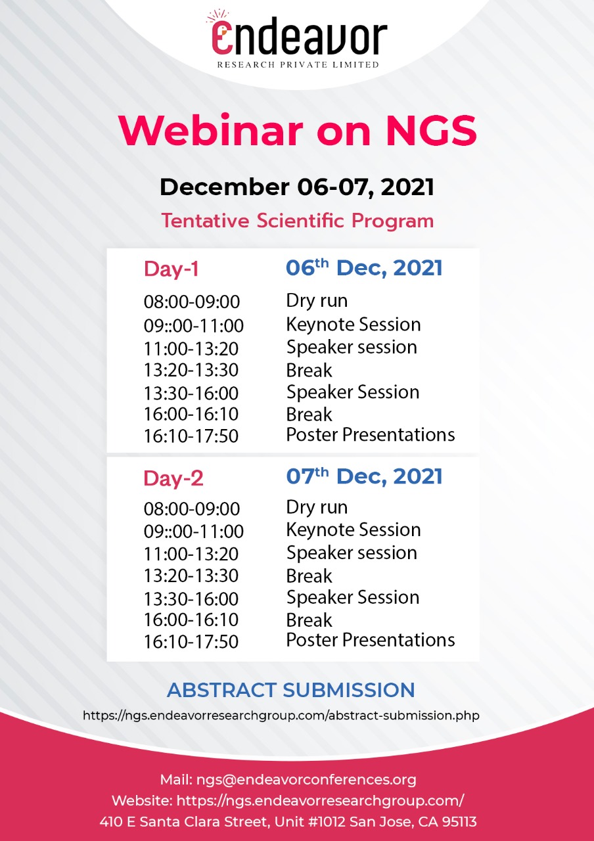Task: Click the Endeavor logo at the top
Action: pos(297,40)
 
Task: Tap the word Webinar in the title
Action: pos(211,130)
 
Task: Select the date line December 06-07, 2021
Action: pos(297,187)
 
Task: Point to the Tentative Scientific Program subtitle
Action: pos(298,221)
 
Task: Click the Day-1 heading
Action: pos(171,269)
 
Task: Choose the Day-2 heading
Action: pos(173,478)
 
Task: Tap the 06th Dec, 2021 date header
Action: pos(364,267)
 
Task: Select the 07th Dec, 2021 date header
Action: pos(364,476)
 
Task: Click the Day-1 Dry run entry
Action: pos(317,301)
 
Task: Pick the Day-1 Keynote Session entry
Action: pos(354,325)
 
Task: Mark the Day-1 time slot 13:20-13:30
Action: pos(191,370)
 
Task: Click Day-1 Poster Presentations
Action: pos(371,435)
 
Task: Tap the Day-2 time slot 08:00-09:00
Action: pos(191,509)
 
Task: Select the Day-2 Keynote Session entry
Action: pos(354,530)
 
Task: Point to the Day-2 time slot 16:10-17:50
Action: pos(191,642)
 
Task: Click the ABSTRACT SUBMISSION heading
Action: pos(291,690)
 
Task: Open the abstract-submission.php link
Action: pos(281,716)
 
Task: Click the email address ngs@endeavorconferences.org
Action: pos(306,780)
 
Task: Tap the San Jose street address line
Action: pos(288,822)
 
